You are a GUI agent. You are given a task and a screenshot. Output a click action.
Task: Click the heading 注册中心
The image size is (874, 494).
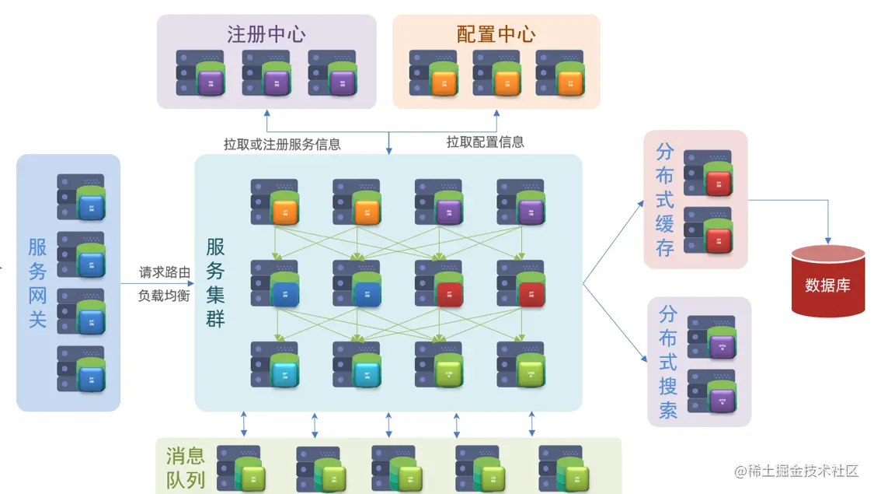(266, 34)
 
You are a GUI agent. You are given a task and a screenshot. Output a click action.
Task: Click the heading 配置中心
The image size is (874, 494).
(496, 34)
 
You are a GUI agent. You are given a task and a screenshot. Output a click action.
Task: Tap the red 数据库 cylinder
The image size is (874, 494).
(827, 282)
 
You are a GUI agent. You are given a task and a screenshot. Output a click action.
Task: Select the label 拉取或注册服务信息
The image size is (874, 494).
(282, 144)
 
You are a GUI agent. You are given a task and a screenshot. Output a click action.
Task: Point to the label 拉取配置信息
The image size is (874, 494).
(485, 142)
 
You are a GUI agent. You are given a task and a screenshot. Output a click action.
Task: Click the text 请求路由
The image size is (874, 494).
(164, 272)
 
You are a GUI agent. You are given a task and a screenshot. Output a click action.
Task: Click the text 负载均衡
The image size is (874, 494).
(164, 296)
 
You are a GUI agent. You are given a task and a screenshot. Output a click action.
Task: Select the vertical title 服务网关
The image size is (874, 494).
(38, 282)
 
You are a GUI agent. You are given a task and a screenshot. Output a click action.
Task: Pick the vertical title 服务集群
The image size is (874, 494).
(215, 282)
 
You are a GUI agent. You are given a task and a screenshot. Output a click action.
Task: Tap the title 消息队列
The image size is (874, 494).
(186, 467)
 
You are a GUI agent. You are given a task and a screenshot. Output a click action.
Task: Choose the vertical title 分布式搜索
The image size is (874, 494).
(668, 362)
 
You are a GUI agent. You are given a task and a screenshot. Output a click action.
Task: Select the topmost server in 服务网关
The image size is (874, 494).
(82, 197)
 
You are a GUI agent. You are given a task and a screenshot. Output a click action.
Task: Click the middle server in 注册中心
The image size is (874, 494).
(266, 73)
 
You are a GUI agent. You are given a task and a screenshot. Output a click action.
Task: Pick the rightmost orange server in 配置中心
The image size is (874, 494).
(559, 73)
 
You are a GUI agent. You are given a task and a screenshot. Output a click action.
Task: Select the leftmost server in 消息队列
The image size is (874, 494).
(240, 468)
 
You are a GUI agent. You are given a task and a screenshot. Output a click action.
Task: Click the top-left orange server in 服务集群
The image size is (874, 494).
(275, 202)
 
